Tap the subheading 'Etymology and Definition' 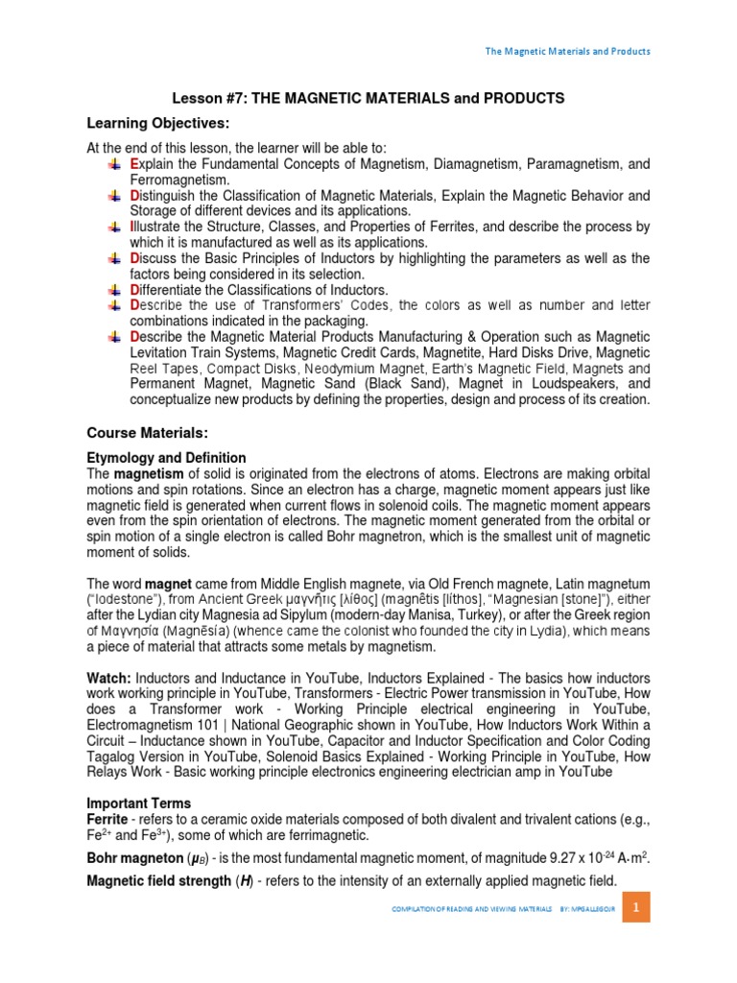point(167,458)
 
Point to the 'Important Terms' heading point(139,803)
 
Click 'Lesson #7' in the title point(205,98)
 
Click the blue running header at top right point(566,51)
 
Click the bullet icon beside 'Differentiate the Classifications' point(114,290)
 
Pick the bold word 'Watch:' point(111,678)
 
